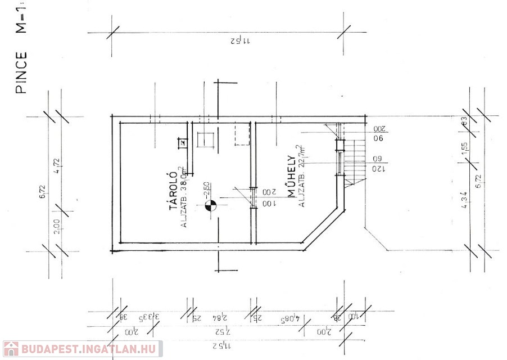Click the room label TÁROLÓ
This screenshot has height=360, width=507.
(x=174, y=192)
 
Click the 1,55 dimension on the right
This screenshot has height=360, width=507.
(x=464, y=148)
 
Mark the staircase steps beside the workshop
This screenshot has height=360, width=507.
(x=354, y=160)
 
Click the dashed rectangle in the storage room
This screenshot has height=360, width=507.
(x=242, y=135)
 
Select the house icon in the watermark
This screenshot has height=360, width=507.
(x=11, y=349)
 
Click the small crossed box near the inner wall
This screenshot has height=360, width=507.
(x=182, y=142)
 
